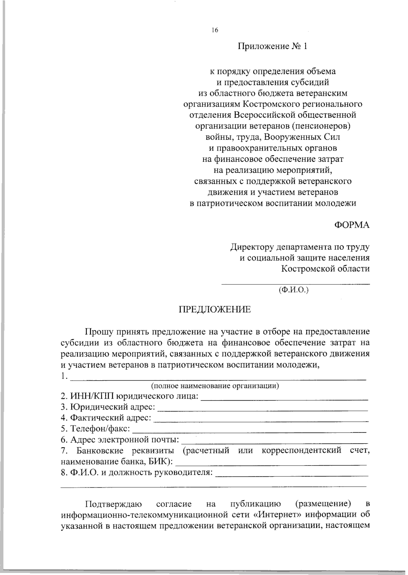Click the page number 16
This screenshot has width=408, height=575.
coord(215,30)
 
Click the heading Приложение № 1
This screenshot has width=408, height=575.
coord(272,46)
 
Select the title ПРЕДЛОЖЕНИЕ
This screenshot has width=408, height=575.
coord(215,310)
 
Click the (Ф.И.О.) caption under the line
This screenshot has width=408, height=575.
coord(293,290)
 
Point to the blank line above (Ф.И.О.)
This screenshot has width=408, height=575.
coord(295,283)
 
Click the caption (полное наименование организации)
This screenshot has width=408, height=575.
coord(215,386)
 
